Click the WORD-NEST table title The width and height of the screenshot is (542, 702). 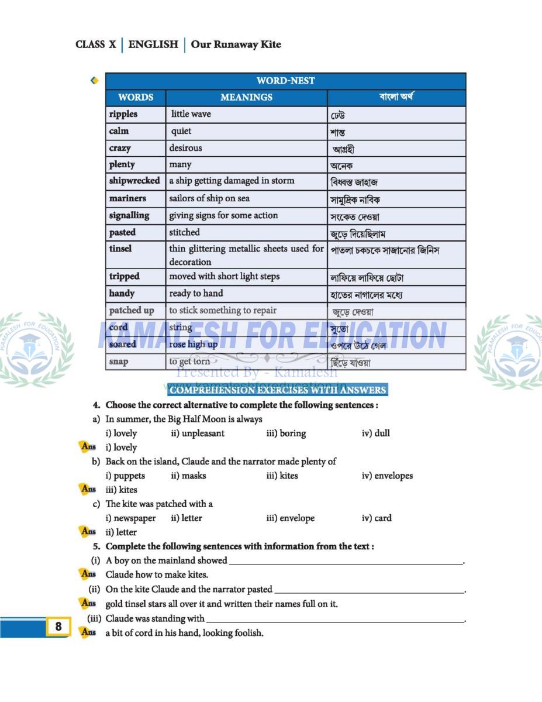point(285,81)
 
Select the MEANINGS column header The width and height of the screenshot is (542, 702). point(246,97)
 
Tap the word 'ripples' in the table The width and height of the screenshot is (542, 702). point(123,114)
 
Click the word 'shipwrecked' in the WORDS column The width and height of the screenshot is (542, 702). point(134,181)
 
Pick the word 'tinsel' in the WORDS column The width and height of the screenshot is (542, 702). point(120,249)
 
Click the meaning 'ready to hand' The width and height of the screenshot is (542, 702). point(196,293)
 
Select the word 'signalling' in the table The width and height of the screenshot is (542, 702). point(129,215)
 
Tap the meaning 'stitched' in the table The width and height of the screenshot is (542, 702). point(184,232)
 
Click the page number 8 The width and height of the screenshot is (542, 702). point(58,627)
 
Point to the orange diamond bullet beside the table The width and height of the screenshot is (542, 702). point(94,81)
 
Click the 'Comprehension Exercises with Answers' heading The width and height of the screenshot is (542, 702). point(277,390)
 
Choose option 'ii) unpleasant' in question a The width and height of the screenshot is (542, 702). point(198,433)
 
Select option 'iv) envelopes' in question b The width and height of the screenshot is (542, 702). point(387,476)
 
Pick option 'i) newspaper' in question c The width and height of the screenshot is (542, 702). point(130,518)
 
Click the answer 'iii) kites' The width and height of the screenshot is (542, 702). point(121,490)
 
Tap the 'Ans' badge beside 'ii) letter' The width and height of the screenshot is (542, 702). point(88,532)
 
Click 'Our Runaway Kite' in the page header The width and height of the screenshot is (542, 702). point(236,44)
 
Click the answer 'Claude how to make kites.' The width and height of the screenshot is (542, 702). point(157,574)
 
